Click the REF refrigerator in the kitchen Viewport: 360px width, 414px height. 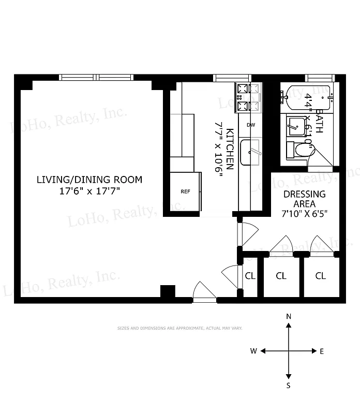click(185, 191)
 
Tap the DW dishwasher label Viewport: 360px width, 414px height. click(250, 125)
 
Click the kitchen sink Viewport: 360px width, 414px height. click(250, 153)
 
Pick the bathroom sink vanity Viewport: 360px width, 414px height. click(296, 126)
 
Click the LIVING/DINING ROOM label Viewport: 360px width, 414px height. click(89, 180)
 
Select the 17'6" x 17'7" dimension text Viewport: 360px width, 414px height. click(89, 191)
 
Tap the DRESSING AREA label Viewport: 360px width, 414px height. click(305, 199)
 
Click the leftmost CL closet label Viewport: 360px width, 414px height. click(250, 276)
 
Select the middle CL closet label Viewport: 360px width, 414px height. click(281, 276)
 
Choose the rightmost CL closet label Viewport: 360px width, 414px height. click(321, 276)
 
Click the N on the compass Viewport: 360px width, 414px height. click(289, 316)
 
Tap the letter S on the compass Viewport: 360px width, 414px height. click(289, 386)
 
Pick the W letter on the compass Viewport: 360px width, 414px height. click(253, 351)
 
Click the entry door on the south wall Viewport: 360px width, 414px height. click(204, 293)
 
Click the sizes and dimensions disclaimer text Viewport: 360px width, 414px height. click(179, 328)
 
